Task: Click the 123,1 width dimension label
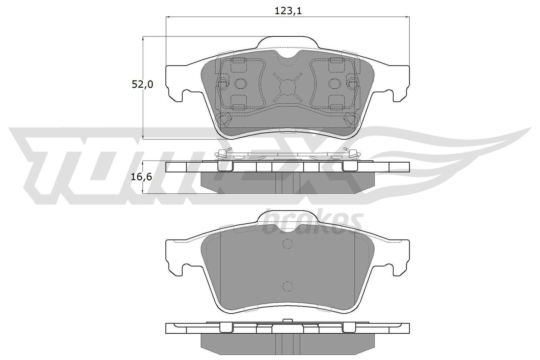(288, 11)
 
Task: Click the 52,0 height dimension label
(142, 84)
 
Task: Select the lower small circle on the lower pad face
(287, 286)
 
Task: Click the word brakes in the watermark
(312, 223)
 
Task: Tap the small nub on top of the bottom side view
(287, 321)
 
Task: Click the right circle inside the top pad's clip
(334, 83)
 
